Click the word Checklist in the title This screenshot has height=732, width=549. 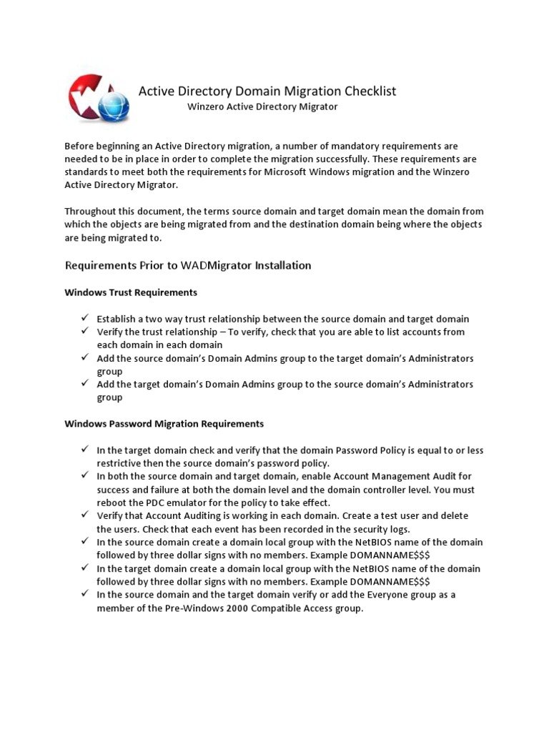(367, 91)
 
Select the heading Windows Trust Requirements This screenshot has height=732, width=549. (131, 292)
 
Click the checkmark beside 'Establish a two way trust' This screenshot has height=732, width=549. (84, 318)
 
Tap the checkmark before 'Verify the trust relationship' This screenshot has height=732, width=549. (84, 331)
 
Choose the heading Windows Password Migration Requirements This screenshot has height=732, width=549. (164, 424)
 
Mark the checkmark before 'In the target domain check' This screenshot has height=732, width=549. (84, 450)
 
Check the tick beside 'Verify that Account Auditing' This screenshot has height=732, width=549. (84, 515)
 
